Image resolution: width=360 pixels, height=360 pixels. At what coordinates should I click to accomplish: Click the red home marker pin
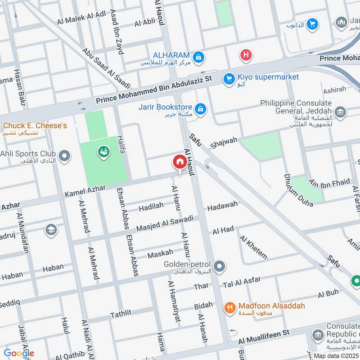point(179,162)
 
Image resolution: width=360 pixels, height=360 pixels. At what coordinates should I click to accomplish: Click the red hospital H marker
point(246,55)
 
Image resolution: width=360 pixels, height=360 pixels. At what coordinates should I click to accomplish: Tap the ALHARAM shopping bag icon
point(198,57)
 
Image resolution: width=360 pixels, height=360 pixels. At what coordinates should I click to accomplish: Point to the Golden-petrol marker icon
point(220,267)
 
